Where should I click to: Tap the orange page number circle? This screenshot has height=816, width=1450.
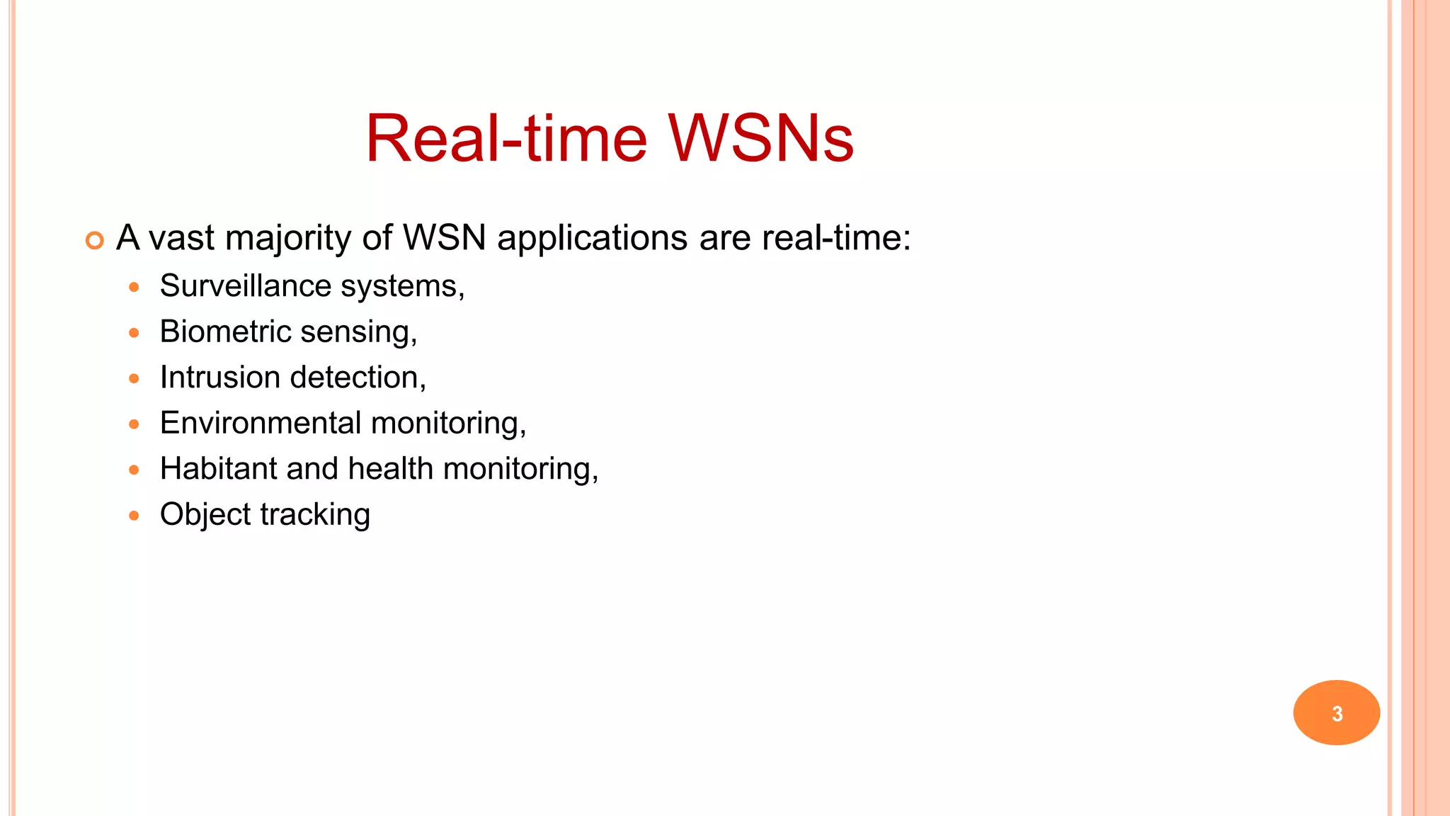pyautogui.click(x=1336, y=713)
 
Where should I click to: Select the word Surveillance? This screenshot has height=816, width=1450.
pyautogui.click(x=246, y=286)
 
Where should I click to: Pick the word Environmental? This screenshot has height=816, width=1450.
pyautogui.click(x=261, y=423)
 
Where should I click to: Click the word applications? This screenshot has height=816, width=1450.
pyautogui.click(x=592, y=238)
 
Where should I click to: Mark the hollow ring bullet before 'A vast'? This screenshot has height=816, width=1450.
pyautogui.click(x=94, y=241)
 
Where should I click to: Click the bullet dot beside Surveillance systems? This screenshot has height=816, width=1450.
pyautogui.click(x=135, y=288)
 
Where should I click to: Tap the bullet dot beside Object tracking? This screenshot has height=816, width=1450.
pyautogui.click(x=135, y=516)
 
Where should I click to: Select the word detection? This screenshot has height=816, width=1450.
pyautogui.click(x=358, y=378)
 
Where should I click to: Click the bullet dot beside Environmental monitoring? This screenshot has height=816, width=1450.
pyautogui.click(x=135, y=424)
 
